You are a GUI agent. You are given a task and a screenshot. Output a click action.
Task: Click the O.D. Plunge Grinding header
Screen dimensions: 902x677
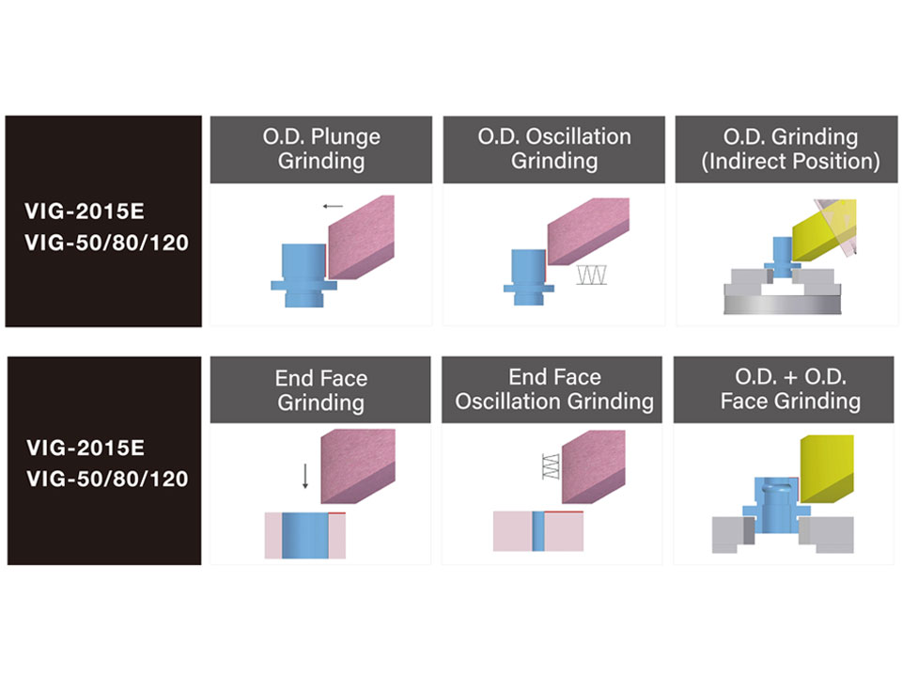pos(321,150)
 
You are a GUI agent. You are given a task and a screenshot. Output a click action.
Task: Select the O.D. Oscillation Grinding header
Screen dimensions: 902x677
pos(554,150)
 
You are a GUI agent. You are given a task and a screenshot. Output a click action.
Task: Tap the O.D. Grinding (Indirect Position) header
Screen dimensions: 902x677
pos(786,150)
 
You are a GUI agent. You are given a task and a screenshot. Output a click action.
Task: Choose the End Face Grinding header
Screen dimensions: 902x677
pos(320,389)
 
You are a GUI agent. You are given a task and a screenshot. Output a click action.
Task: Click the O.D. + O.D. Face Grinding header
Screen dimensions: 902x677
pos(784,389)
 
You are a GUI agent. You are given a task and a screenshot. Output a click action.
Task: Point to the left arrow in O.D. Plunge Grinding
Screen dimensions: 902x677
pos(333,206)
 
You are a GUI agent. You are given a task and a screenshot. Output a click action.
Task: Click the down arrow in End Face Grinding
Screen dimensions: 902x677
pos(305,476)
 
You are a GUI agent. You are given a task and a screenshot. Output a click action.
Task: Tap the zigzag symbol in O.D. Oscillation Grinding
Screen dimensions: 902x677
pos(592,276)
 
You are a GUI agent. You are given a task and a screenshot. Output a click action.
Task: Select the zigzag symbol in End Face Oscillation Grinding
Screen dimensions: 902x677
pos(551,467)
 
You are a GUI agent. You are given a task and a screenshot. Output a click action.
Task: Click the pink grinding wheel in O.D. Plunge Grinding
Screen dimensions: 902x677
pos(361,237)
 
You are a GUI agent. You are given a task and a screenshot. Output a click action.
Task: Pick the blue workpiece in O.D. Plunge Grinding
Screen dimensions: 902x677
pos(303,276)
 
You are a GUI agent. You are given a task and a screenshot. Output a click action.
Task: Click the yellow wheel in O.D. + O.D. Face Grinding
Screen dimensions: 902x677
pos(827,468)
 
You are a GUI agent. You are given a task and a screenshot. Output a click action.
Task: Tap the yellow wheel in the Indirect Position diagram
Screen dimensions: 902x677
pos(824,230)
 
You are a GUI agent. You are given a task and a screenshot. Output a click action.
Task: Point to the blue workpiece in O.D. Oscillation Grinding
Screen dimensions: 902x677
pos(529,276)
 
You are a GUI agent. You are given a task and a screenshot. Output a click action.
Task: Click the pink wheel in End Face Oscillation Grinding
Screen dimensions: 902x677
pos(593,467)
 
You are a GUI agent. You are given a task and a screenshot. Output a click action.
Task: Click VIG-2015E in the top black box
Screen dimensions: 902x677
pos(85,212)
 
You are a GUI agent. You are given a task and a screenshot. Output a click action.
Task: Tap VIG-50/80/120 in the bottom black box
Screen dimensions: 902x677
pos(107,479)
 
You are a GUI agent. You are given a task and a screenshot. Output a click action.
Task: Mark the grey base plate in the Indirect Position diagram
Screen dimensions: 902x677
pos(783,305)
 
